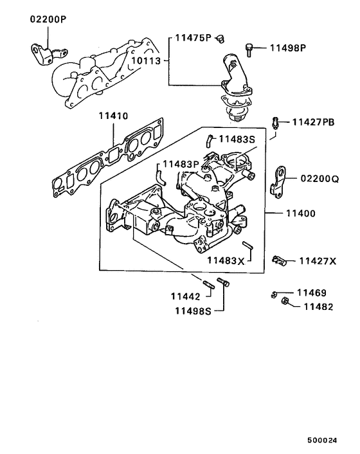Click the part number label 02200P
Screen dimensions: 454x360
point(48,19)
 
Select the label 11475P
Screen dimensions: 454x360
point(194,38)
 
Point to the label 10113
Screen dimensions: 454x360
point(147,61)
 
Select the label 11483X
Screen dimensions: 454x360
point(226,260)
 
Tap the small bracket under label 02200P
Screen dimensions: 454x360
point(40,51)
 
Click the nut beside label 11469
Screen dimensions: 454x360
point(274,295)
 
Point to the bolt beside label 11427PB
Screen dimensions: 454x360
point(276,122)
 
